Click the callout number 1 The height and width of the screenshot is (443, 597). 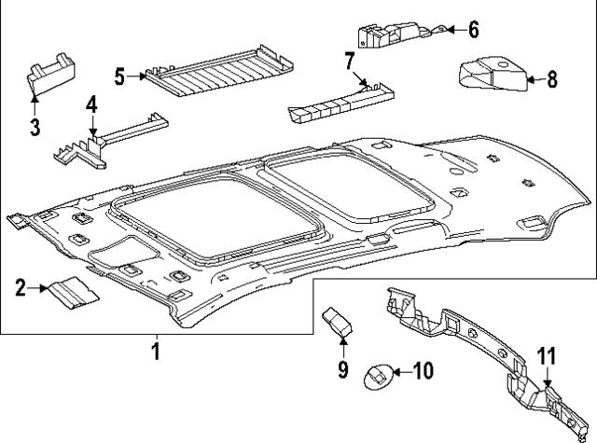click(156, 352)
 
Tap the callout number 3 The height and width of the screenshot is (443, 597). click(35, 127)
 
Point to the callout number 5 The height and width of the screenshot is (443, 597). click(120, 76)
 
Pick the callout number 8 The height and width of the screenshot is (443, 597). click(552, 80)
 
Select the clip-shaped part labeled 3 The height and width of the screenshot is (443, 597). click(50, 75)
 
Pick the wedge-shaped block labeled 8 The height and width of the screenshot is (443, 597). click(492, 76)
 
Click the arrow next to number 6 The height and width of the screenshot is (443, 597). click(450, 30)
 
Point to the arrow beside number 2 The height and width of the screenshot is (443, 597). click(40, 287)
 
